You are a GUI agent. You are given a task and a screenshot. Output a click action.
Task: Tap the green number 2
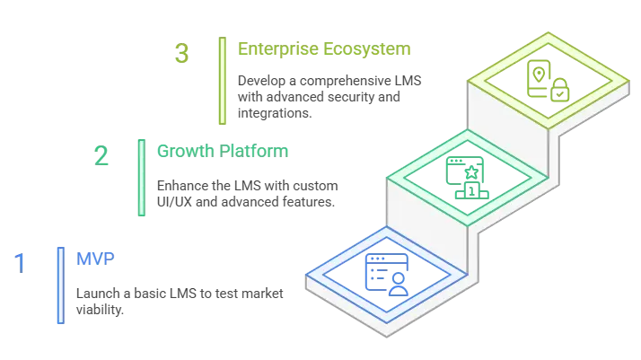pyautogui.click(x=103, y=155)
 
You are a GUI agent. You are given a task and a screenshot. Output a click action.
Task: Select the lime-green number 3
pyautogui.click(x=182, y=54)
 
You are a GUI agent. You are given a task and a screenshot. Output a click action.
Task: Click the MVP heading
pyautogui.click(x=94, y=259)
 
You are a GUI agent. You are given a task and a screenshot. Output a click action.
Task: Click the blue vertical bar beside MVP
pyautogui.click(x=60, y=284)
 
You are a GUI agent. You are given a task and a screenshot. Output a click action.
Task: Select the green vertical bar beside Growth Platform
pyautogui.click(x=141, y=178)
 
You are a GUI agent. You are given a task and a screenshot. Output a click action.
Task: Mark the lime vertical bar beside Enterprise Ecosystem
pyautogui.click(x=220, y=80)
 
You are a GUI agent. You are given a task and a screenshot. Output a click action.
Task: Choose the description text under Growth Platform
pyautogui.click(x=245, y=193)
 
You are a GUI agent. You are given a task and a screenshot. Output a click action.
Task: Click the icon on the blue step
pyautogui.click(x=386, y=272)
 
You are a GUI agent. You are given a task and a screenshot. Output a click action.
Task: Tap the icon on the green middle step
pyautogui.click(x=467, y=177)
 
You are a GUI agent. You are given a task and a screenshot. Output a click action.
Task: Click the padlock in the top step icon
pyautogui.click(x=559, y=89)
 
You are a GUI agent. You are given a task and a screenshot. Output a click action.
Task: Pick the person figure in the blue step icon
pyautogui.click(x=397, y=283)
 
